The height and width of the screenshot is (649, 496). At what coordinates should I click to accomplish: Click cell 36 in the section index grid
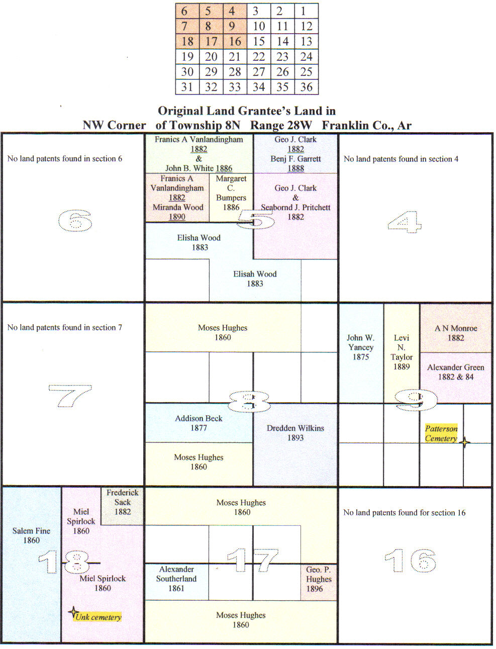(307, 87)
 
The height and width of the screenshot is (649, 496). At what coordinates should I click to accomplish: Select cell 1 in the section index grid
(304, 11)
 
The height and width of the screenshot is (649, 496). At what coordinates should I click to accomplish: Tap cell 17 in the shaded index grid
(211, 41)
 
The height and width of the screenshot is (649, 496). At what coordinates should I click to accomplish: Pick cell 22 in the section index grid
(259, 57)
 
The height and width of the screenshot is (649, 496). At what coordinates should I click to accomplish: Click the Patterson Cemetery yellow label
(441, 433)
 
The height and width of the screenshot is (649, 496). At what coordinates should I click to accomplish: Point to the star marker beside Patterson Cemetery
(465, 442)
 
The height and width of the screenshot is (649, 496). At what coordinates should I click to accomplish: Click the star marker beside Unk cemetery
(73, 612)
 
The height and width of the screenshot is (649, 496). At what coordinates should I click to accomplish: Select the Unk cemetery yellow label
(98, 617)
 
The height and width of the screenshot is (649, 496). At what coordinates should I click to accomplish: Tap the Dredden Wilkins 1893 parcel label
(295, 433)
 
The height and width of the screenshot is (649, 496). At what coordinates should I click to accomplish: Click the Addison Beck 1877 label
(199, 423)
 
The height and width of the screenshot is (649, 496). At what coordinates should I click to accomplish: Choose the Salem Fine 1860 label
(31, 535)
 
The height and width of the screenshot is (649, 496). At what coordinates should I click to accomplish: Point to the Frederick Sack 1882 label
(122, 502)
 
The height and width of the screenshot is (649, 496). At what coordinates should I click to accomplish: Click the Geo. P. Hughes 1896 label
(319, 579)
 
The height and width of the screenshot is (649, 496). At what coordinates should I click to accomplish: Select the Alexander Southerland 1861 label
(176, 579)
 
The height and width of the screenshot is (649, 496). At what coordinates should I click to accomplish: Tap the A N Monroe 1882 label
(456, 333)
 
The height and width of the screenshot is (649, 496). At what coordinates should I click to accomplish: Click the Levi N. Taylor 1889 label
(402, 352)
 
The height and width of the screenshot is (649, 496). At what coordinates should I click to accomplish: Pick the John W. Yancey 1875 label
(361, 347)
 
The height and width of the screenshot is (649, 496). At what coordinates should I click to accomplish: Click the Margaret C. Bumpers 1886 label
(231, 193)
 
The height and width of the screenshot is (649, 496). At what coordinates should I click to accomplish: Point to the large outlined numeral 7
(70, 396)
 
